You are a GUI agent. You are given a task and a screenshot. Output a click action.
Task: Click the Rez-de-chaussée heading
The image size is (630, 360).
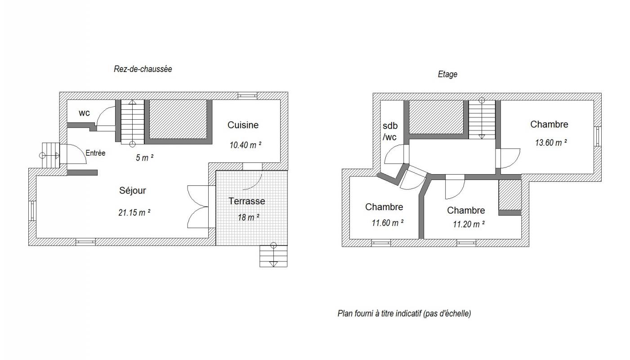pos(143,69)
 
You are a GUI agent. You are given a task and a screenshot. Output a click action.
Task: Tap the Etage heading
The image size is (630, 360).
pos(447,74)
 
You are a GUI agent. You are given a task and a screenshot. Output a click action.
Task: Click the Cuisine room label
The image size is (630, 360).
pos(243,125)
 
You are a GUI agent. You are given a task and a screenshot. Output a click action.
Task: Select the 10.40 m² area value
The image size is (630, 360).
pos(246,145)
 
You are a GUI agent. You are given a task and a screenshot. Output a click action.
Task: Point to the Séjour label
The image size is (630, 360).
pos(133,190)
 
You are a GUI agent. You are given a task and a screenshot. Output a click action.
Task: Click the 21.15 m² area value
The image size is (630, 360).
pos(134,212)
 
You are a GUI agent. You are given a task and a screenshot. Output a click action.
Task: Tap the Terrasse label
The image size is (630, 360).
pos(247,201)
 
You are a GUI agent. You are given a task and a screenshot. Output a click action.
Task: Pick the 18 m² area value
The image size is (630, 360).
pos(249,217)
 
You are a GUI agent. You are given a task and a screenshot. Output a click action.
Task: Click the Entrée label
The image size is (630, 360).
pos(96,153)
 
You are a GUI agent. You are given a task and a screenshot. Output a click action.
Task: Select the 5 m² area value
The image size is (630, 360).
pos(144,157)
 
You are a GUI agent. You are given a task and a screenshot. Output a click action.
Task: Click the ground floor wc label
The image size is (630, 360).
pos(85,113)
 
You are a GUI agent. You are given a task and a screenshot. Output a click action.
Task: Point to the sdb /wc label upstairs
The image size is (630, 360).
pos(390,131)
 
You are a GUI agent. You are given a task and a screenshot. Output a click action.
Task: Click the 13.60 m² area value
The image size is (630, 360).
pos(551,143)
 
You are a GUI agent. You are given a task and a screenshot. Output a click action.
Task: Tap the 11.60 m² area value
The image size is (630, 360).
pos(388,223)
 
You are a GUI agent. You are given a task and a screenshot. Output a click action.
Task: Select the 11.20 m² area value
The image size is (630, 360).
pos(469,225)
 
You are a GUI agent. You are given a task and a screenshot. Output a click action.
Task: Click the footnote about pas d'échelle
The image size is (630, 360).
pos(404,314)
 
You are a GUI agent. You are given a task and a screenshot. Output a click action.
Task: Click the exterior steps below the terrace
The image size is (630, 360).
pos(273,256)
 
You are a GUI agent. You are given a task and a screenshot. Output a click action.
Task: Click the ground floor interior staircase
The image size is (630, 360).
pos(133,122)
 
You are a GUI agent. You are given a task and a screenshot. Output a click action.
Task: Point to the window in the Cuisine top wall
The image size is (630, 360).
pos(247,96)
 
